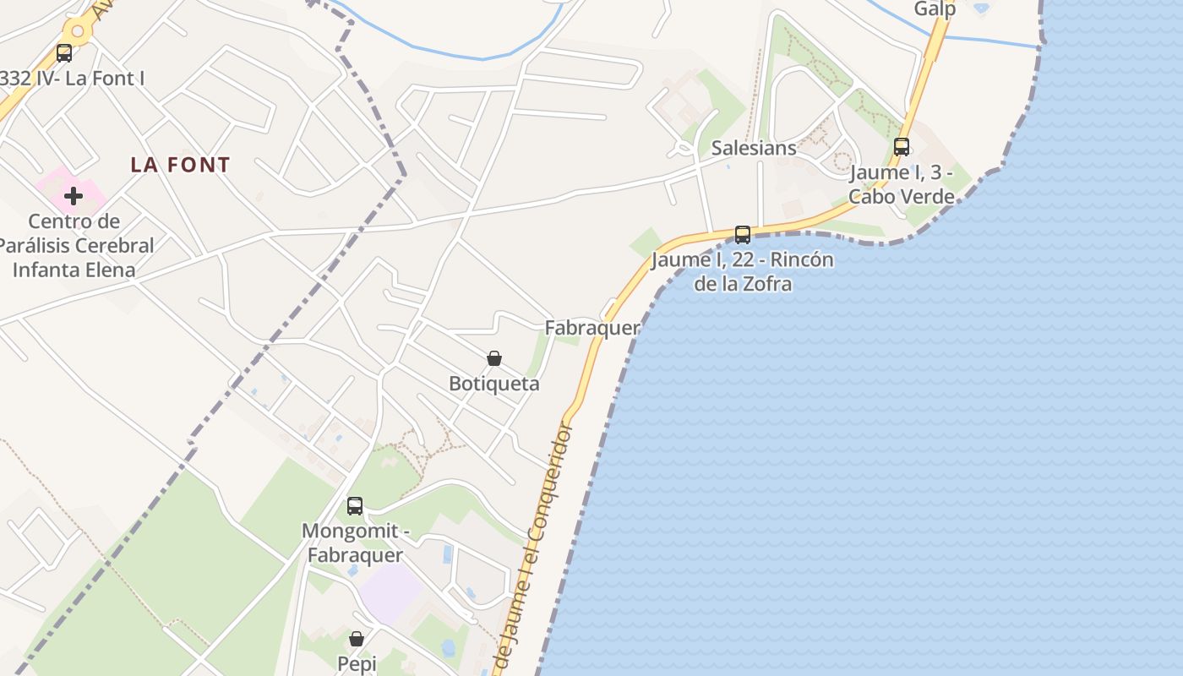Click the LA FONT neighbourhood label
[x=180, y=165]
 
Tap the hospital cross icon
[x=74, y=196]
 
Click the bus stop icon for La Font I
[x=64, y=53]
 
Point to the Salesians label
[x=754, y=148]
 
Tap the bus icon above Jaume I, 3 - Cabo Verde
[x=902, y=146]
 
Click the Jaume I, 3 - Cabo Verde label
[x=902, y=184]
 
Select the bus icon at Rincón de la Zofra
[x=743, y=234]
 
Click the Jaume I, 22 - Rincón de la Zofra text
[x=743, y=271]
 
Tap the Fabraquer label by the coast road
[x=591, y=328]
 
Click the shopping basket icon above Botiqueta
[x=494, y=359]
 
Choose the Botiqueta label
[x=494, y=384]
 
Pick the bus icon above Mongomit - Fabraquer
[x=355, y=506]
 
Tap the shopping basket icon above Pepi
[x=357, y=639]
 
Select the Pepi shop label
[x=357, y=663]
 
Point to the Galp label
[x=935, y=9]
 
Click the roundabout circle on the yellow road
[x=78, y=32]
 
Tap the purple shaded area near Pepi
[x=390, y=591]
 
